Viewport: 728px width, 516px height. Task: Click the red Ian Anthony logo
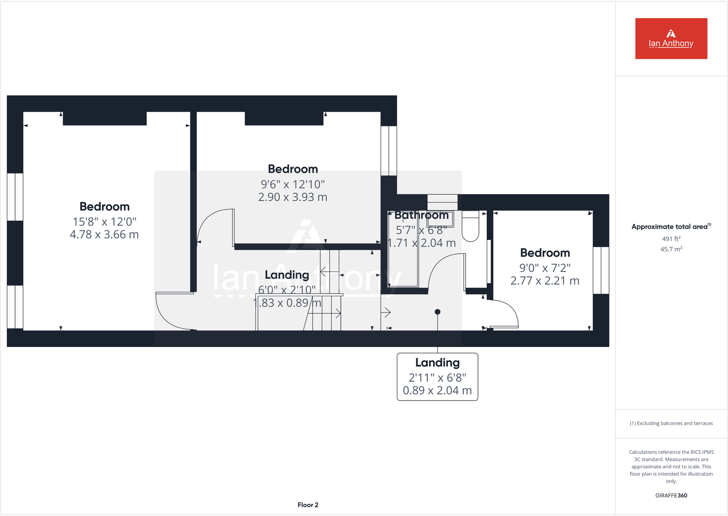pos(671,38)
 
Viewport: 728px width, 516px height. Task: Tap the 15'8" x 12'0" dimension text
pos(104,222)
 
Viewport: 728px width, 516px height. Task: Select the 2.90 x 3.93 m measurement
pos(293,197)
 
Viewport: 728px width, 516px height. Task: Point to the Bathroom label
pos(422,215)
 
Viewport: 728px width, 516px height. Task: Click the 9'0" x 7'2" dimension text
pos(545,268)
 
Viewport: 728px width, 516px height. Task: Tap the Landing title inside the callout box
pos(437,363)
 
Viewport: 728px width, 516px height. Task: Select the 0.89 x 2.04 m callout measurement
pos(437,391)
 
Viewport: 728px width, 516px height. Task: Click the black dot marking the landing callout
pos(437,312)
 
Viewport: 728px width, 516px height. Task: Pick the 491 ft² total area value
pos(671,239)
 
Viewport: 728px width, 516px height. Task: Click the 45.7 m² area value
pos(671,249)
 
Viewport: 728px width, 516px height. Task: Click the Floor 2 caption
pos(308,505)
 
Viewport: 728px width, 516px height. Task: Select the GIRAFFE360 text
pos(671,495)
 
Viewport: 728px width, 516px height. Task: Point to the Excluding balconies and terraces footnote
pos(671,423)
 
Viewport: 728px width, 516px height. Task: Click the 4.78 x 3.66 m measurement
pos(104,234)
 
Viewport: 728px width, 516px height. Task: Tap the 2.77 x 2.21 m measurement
pos(545,281)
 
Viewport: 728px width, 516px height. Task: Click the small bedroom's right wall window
pos(601,270)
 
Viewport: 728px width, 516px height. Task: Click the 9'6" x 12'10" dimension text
pos(293,184)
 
